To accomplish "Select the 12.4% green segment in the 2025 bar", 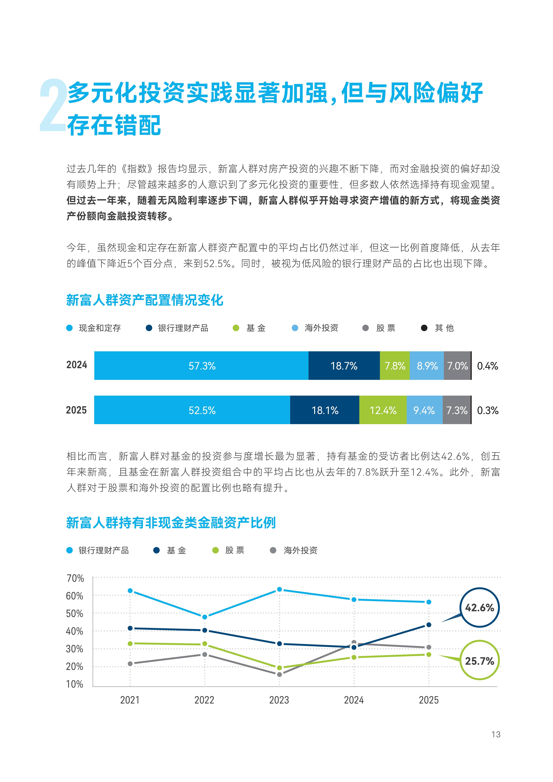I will point(383,410).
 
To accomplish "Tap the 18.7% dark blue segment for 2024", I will point(344,366).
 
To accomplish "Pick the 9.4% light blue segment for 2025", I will point(424,410).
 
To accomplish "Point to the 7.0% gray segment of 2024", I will point(457,366).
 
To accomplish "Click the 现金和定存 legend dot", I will point(70,328).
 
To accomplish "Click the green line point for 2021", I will point(130,643).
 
